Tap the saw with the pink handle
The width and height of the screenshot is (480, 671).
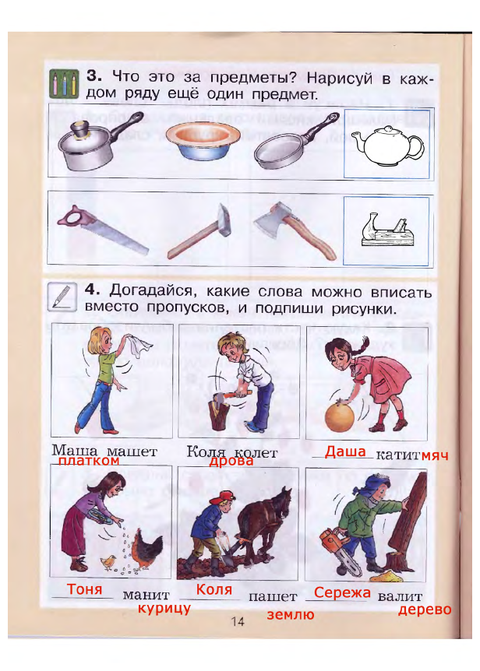pos(103,229)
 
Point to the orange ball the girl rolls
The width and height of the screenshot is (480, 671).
pos(341,416)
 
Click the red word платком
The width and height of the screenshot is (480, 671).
pos(89,461)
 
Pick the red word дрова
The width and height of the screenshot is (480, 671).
pos(231,461)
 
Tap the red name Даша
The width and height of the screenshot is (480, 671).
pos(345,451)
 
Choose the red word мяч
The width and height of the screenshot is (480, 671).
pos(435,455)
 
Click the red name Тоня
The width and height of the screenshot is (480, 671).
pos(84,589)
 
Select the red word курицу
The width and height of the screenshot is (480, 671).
pos(164,608)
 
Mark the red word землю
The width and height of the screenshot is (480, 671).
pos(291,614)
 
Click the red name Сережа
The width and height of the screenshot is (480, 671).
pos(342,592)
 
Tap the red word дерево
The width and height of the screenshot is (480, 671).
pos(425,610)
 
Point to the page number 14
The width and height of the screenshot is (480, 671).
pos(238,621)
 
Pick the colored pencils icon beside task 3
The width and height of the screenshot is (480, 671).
pos(64,83)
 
